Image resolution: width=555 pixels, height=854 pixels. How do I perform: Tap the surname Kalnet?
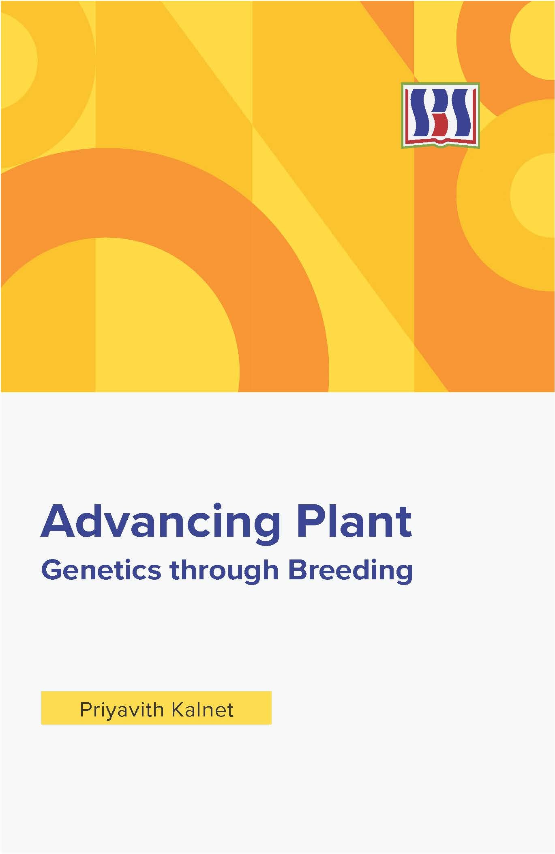pyautogui.click(x=203, y=710)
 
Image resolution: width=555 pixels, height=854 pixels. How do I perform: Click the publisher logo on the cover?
pyautogui.click(x=440, y=115)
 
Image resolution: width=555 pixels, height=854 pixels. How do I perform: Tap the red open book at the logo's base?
pyautogui.click(x=440, y=141)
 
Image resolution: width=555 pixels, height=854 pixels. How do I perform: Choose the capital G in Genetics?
pyautogui.click(x=51, y=570)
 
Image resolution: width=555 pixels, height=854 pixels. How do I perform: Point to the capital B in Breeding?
pyautogui.click(x=298, y=570)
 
